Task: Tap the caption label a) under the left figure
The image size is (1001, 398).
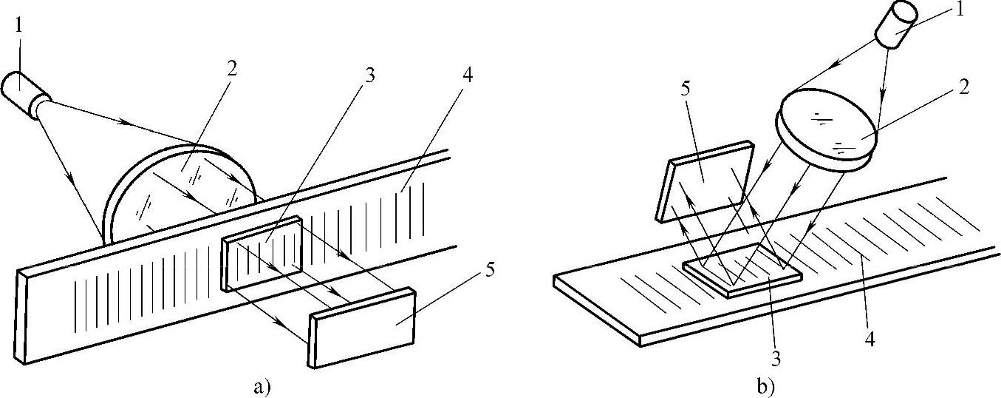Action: (264, 385)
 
